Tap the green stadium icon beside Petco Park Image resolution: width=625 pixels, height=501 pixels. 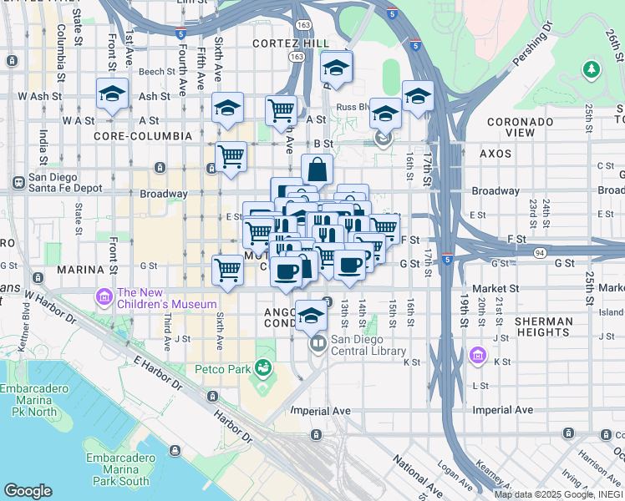click(263, 367)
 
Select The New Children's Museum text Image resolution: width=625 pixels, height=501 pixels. click(167, 298)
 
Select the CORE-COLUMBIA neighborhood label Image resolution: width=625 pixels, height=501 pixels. click(139, 135)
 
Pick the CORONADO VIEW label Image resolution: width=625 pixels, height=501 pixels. click(521, 127)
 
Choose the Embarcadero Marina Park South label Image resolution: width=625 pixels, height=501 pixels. click(117, 469)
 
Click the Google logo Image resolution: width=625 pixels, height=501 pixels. click(28, 491)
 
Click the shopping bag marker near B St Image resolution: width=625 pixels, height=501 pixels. click(318, 170)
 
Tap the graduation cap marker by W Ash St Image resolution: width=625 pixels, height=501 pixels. click(110, 94)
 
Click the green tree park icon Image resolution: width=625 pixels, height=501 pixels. click(592, 68)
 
